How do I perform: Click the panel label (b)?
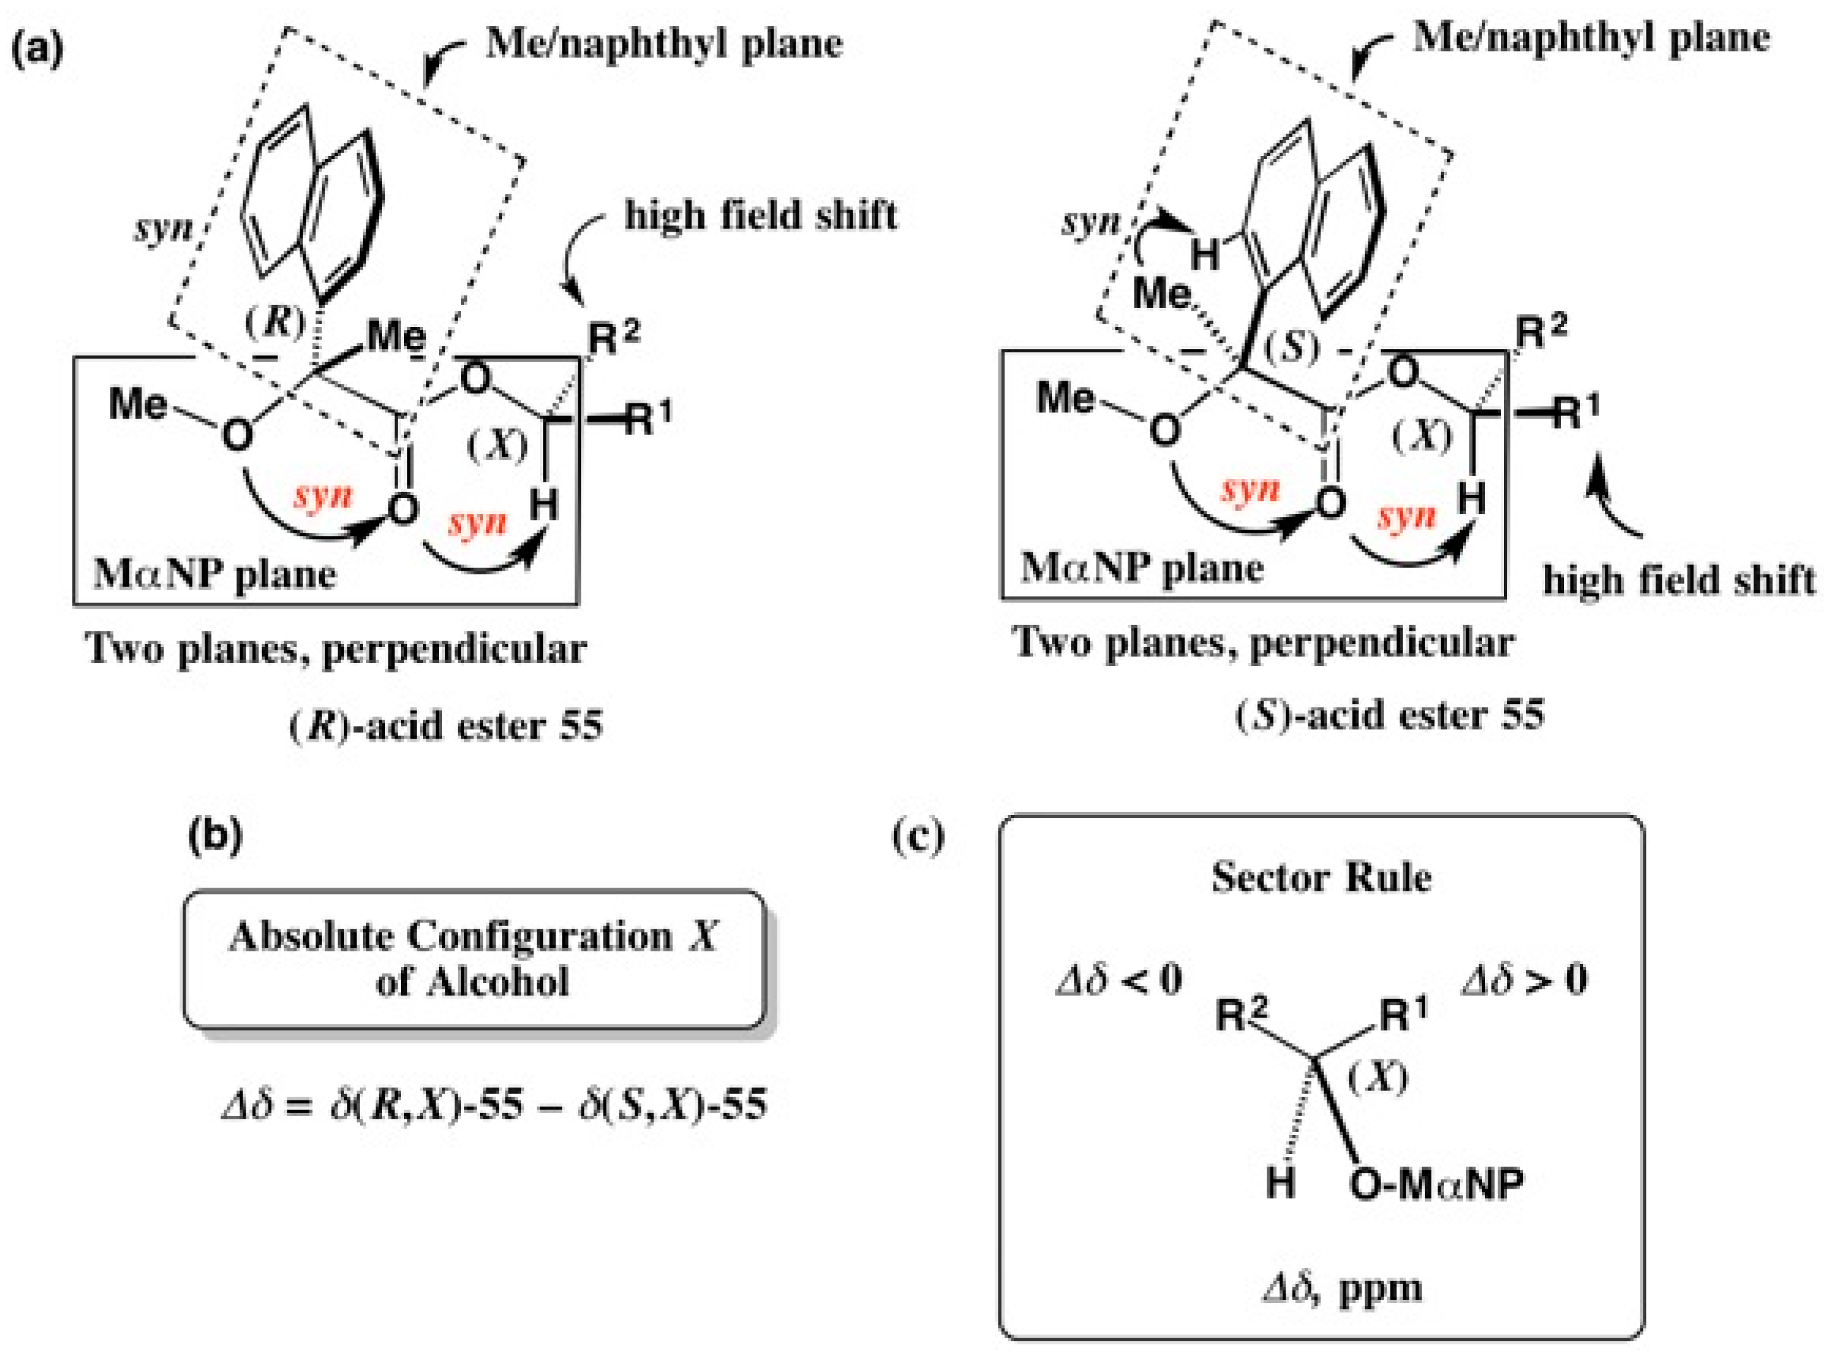[216, 836]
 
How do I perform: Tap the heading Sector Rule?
[1321, 877]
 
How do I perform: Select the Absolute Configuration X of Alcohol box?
[474, 959]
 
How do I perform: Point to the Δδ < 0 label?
[1118, 980]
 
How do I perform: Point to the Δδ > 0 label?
[1524, 980]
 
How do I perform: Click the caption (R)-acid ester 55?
[446, 725]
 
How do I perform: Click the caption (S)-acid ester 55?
[1389, 715]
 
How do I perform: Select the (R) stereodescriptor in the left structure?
[275, 323]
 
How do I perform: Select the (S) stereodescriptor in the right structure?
[1292, 348]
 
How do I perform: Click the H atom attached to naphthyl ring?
[1204, 255]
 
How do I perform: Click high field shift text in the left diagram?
[760, 216]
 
